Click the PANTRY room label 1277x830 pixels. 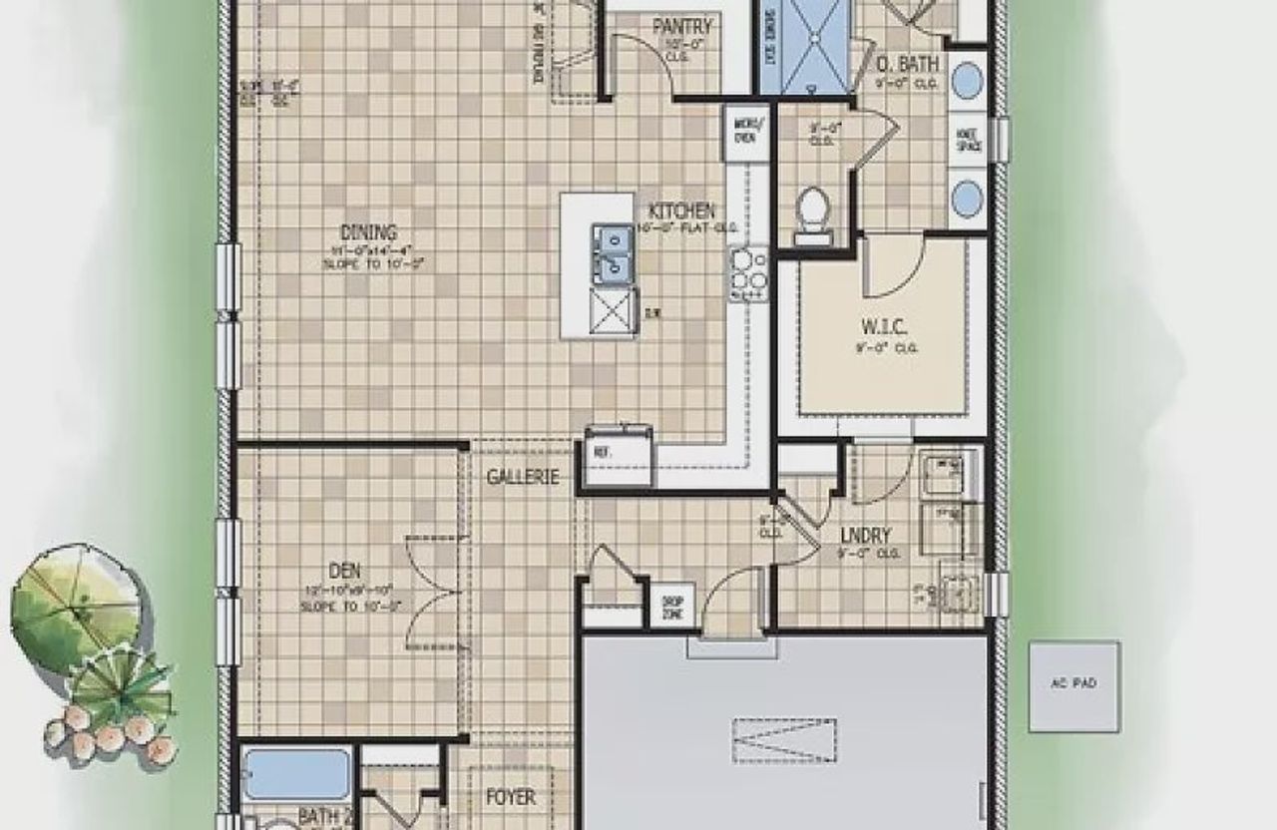click(x=683, y=27)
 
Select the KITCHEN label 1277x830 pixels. click(x=682, y=211)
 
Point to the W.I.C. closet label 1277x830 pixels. click(x=883, y=326)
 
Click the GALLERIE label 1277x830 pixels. click(x=522, y=477)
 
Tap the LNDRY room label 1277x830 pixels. click(x=865, y=536)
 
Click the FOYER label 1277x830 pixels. click(x=510, y=798)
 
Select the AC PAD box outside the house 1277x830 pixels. click(x=1073, y=685)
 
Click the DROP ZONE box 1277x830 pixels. click(x=671, y=608)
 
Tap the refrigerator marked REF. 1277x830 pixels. click(x=619, y=456)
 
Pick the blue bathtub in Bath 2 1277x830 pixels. click(x=296, y=774)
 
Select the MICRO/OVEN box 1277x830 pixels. click(x=745, y=131)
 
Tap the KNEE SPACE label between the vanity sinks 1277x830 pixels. click(x=969, y=141)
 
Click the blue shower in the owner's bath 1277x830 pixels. click(x=816, y=47)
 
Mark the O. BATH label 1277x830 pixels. click(x=908, y=66)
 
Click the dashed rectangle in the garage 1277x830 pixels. click(x=784, y=740)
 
